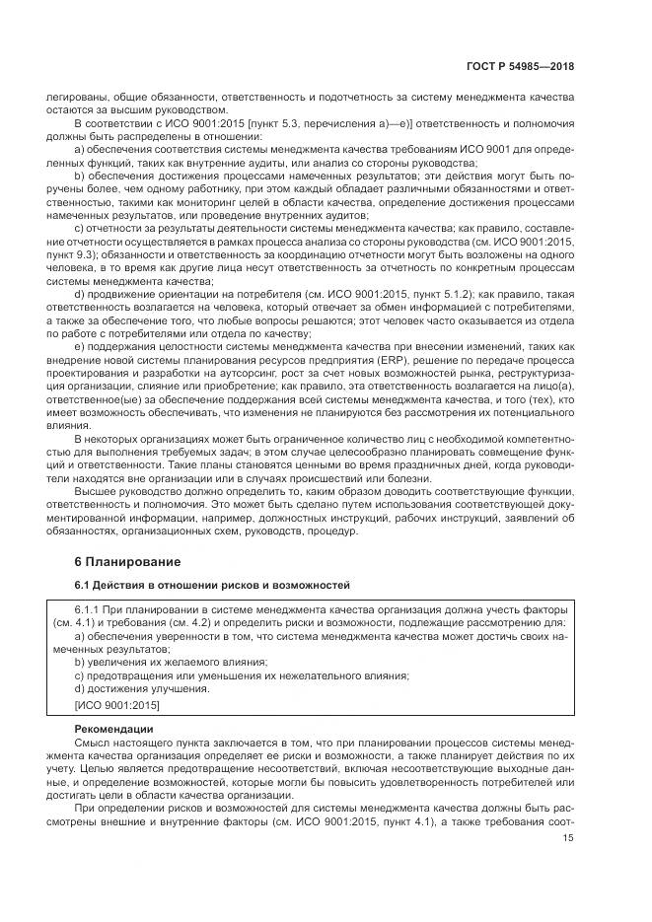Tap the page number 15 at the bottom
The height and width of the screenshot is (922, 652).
(x=568, y=838)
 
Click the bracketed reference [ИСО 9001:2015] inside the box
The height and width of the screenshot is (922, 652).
(x=116, y=705)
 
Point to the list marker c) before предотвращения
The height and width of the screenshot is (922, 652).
(x=80, y=675)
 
